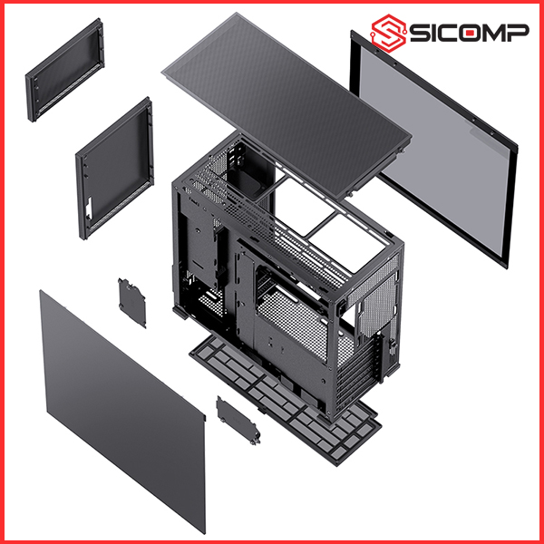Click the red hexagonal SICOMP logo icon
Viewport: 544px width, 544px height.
click(389, 33)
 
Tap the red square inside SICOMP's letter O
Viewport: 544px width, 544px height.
click(471, 34)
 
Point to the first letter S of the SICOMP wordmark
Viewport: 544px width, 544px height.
click(418, 33)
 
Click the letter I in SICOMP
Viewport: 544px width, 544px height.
click(432, 33)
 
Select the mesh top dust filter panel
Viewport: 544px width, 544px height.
click(287, 105)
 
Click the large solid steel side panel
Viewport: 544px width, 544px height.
click(122, 411)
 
